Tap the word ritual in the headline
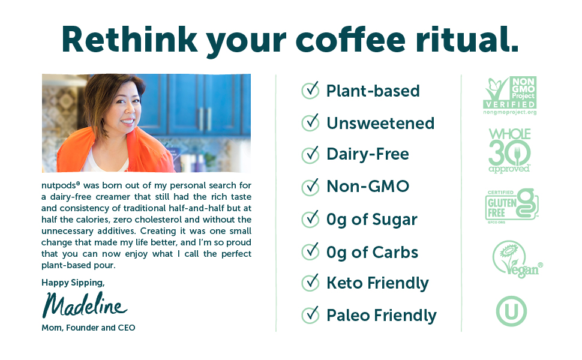pyautogui.click(x=467, y=39)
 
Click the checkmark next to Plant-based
pyautogui.click(x=310, y=90)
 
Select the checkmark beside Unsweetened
pyautogui.click(x=310, y=122)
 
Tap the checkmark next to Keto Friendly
pyautogui.click(x=310, y=283)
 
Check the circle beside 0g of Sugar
pyautogui.click(x=310, y=219)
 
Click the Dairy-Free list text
pyautogui.click(x=367, y=154)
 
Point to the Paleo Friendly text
pyautogui.click(x=381, y=316)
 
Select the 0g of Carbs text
pyautogui.click(x=372, y=253)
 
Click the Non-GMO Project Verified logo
pyautogui.click(x=510, y=96)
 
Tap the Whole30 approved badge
pyautogui.click(x=509, y=151)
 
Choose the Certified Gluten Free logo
pyautogui.click(x=511, y=206)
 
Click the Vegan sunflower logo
pyautogui.click(x=517, y=259)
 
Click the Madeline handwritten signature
pyautogui.click(x=85, y=305)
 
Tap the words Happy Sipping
pyautogui.click(x=73, y=283)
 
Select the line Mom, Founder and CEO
pyautogui.click(x=88, y=328)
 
